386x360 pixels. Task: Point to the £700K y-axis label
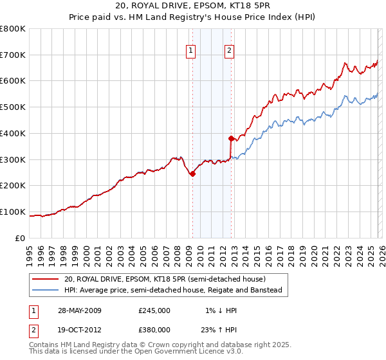click(13, 55)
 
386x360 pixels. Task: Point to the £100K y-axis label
click(13, 212)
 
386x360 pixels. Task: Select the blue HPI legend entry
click(173, 291)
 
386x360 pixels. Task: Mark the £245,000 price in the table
click(154, 310)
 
